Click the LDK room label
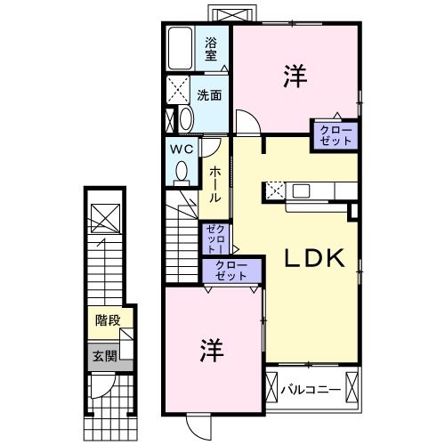point(313,259)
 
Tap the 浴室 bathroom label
point(211,47)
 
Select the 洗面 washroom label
point(209,94)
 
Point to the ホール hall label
point(214,185)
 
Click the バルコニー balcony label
point(311,389)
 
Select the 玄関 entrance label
point(104,356)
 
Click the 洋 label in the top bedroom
point(295,77)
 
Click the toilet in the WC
point(182,170)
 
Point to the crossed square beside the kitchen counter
point(275,190)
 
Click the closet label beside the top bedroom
point(334,134)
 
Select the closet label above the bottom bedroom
point(233,271)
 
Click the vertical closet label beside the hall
point(214,238)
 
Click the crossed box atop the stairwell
point(103,217)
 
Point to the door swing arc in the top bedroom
point(247,122)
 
